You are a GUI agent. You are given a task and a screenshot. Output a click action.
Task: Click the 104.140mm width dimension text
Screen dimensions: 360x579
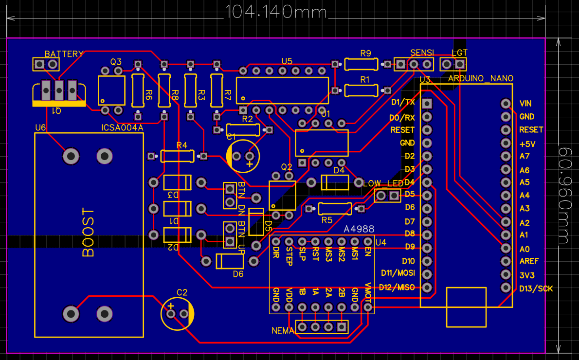[275, 12]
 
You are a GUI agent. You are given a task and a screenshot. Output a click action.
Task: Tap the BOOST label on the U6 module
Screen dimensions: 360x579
[88, 233]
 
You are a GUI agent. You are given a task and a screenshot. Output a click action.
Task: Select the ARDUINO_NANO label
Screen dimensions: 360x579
[480, 78]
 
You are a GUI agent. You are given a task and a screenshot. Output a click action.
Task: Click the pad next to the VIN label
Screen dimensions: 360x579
[506, 104]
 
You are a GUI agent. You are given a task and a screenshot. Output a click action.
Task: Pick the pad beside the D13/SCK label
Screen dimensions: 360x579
[506, 288]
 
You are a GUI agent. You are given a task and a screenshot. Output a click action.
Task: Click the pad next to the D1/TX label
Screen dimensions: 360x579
[427, 104]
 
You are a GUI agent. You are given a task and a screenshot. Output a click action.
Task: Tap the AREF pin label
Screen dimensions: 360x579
[529, 261]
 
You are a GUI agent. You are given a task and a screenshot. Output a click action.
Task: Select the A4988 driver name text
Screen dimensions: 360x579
[359, 229]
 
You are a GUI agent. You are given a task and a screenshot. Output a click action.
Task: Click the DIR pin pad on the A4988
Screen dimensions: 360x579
[276, 241]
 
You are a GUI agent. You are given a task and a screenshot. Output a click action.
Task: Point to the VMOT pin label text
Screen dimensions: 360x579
[368, 293]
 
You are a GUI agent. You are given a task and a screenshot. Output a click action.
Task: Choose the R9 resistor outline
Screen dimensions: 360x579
[361, 64]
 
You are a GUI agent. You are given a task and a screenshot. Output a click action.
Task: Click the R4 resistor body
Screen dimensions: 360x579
[177, 156]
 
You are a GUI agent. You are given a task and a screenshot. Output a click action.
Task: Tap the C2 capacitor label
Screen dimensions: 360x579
[182, 292]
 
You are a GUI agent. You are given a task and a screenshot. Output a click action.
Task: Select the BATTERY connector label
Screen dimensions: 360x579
[64, 54]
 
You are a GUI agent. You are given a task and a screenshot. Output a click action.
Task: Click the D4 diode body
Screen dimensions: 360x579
[335, 183]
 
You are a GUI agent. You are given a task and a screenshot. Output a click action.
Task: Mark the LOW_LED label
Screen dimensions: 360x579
[383, 183]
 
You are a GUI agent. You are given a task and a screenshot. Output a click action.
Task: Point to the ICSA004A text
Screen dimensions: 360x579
[122, 128]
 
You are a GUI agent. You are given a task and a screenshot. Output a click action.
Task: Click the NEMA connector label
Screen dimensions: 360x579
[283, 331]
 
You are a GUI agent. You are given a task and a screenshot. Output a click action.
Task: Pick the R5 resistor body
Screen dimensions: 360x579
[335, 209]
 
